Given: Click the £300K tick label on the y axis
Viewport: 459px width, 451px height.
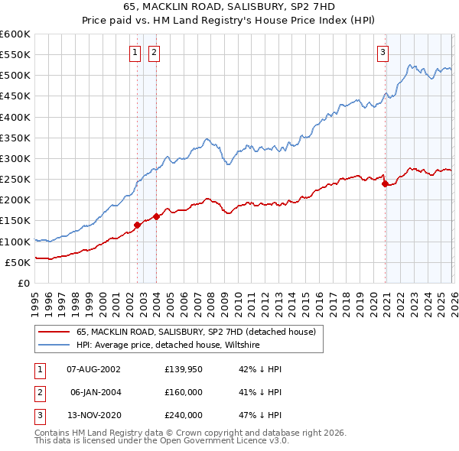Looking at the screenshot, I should [15, 158].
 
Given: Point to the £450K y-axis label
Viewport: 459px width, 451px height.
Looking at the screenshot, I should [15, 96].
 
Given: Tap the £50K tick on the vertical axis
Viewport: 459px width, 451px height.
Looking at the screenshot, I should [18, 262].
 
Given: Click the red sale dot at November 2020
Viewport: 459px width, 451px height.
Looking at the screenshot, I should [384, 183].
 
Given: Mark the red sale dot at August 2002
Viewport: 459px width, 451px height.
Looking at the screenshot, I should [138, 225].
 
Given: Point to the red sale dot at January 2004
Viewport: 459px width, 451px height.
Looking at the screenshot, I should [156, 216].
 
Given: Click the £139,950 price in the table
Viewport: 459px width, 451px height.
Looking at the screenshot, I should [183, 369].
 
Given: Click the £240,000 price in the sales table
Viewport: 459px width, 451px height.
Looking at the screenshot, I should [183, 415].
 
